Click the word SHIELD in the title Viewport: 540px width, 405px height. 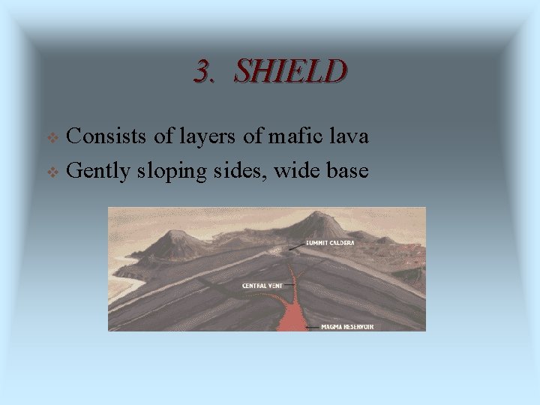[x=290, y=71]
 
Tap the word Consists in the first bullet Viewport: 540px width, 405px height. [x=107, y=136]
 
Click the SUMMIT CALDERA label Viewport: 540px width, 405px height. [x=329, y=243]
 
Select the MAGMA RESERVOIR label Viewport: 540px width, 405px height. [x=348, y=327]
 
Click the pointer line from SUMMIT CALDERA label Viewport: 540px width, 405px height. [x=295, y=245]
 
